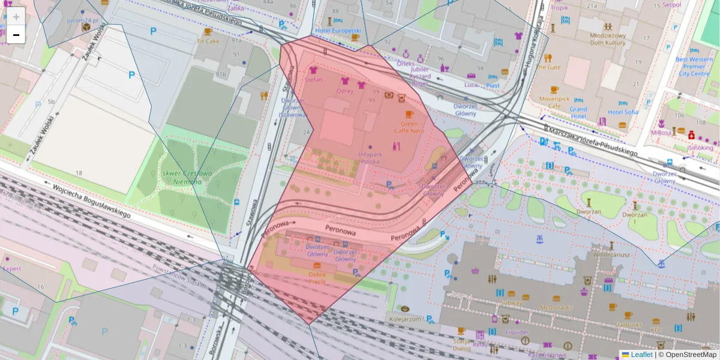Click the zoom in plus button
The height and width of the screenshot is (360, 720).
(16, 17)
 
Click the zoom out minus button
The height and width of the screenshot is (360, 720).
(16, 35)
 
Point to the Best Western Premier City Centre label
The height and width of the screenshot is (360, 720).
(694, 66)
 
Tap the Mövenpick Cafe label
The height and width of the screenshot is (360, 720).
(550, 102)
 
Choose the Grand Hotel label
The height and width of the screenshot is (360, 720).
(578, 112)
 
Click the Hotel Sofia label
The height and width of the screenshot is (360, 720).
(623, 112)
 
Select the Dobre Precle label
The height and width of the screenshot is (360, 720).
(317, 278)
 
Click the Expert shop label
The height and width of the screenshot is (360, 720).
(11, 269)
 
